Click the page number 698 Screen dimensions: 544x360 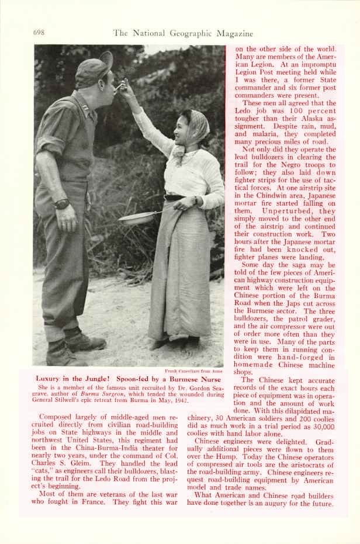pyautogui.click(x=39, y=33)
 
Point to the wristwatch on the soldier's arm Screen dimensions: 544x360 pyautogui.click(x=62, y=204)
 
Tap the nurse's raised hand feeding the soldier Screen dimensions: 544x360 pyautogui.click(x=125, y=87)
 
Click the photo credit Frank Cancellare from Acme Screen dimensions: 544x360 pyautogui.click(x=193, y=371)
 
